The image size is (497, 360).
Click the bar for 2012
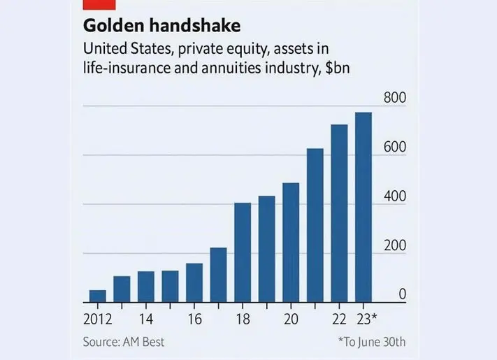[97, 296]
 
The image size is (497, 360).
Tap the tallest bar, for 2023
[363, 207]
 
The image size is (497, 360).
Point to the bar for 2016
[194, 282]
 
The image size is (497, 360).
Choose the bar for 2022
[339, 213]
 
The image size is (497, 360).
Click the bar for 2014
[145, 287]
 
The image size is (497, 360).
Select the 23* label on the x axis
[366, 319]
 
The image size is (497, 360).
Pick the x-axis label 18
[243, 319]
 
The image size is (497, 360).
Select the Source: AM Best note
[124, 342]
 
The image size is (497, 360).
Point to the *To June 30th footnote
[371, 342]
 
